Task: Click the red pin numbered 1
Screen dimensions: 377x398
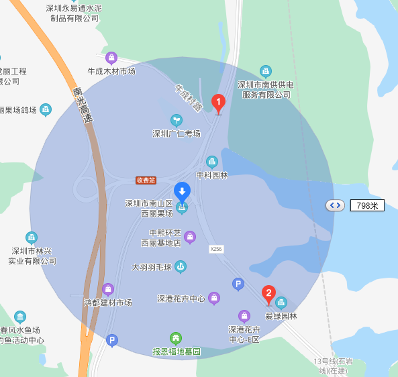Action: point(218,103)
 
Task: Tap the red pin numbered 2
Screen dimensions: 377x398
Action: point(268,293)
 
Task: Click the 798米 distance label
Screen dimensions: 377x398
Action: point(367,205)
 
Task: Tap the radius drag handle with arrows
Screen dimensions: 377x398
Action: point(336,205)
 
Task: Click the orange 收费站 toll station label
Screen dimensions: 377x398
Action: point(146,180)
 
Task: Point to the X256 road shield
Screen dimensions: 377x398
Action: point(215,248)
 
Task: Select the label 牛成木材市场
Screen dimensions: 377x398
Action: point(111,70)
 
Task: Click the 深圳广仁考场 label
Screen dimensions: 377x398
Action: point(177,133)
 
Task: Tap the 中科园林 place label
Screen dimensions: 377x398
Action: point(212,175)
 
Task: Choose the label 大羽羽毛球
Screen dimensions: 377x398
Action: point(152,267)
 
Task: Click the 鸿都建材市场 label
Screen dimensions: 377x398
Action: point(107,303)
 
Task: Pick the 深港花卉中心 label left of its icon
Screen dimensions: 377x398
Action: point(181,299)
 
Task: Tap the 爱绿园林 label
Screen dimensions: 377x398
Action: point(281,316)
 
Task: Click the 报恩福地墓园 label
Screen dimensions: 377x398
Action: point(177,352)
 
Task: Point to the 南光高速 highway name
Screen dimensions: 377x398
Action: point(83,105)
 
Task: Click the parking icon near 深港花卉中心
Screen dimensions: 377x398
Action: point(238,284)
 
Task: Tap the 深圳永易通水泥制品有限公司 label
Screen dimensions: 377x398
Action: point(74,13)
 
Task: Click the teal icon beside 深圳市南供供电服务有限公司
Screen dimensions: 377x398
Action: point(266,71)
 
